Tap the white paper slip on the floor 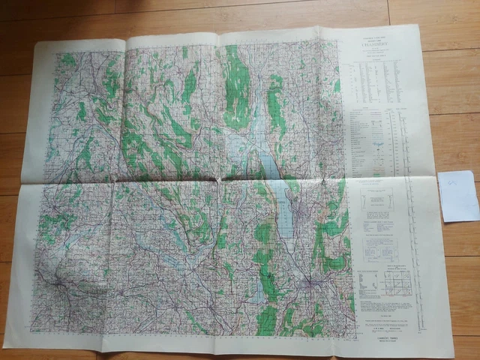457,196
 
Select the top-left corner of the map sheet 36,43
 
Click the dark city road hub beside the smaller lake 310,286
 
